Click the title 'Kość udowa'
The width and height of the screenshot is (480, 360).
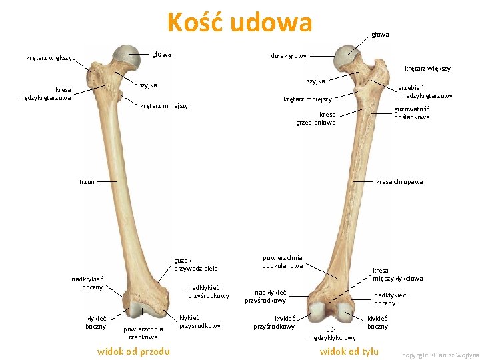click(239, 23)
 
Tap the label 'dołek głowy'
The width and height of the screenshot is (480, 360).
click(289, 56)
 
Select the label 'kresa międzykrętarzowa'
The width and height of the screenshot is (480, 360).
click(43, 93)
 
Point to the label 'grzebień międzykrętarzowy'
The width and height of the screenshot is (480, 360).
click(425, 91)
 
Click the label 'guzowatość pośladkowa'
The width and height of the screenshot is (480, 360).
click(411, 113)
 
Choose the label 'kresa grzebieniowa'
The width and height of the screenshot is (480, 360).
click(316, 118)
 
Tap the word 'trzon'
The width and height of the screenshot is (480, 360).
click(87, 181)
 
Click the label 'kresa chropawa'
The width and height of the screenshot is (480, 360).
click(399, 181)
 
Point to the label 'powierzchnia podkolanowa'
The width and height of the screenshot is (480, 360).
click(283, 261)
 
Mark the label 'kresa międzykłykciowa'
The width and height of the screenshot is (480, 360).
click(397, 274)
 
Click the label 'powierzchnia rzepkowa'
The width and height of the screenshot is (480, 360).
click(143, 333)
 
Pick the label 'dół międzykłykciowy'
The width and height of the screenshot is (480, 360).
click(331, 333)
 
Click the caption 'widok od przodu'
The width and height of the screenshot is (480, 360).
click(133, 351)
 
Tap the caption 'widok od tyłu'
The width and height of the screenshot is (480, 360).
click(349, 351)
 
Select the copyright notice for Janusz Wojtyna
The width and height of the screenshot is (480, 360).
click(440, 355)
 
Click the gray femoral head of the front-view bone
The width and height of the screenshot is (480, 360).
click(125, 56)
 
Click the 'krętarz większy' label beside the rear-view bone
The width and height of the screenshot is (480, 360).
click(427, 68)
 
